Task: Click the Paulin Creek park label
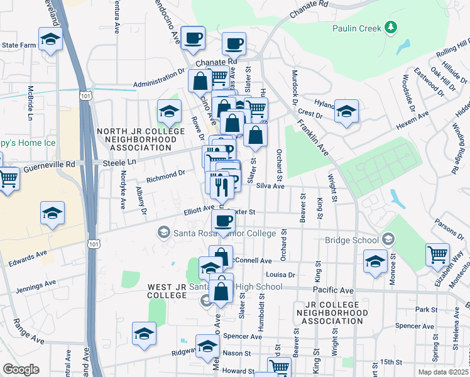pyautogui.click(x=359, y=28)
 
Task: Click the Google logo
pyautogui.click(x=21, y=369)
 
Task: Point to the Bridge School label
pyautogui.click(x=352, y=240)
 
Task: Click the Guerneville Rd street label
pyautogui.click(x=49, y=167)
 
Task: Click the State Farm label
pyautogui.click(x=19, y=45)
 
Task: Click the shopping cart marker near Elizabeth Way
pyautogui.click(x=437, y=256)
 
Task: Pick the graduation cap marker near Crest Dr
pyautogui.click(x=346, y=112)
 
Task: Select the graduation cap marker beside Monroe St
pyautogui.click(x=375, y=261)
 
